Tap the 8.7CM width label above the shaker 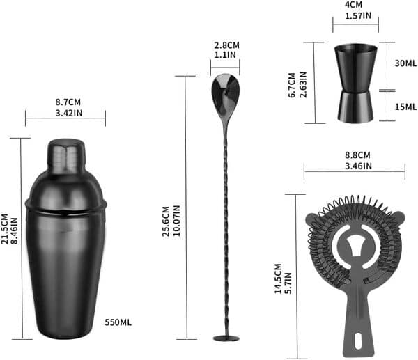65,103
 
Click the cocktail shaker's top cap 65,155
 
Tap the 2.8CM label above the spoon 225,46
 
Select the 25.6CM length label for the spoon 166,221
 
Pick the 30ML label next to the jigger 406,63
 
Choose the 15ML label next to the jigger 406,107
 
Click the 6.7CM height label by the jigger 293,82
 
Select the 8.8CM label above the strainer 357,155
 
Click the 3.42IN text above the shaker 65,112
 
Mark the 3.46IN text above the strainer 357,165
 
